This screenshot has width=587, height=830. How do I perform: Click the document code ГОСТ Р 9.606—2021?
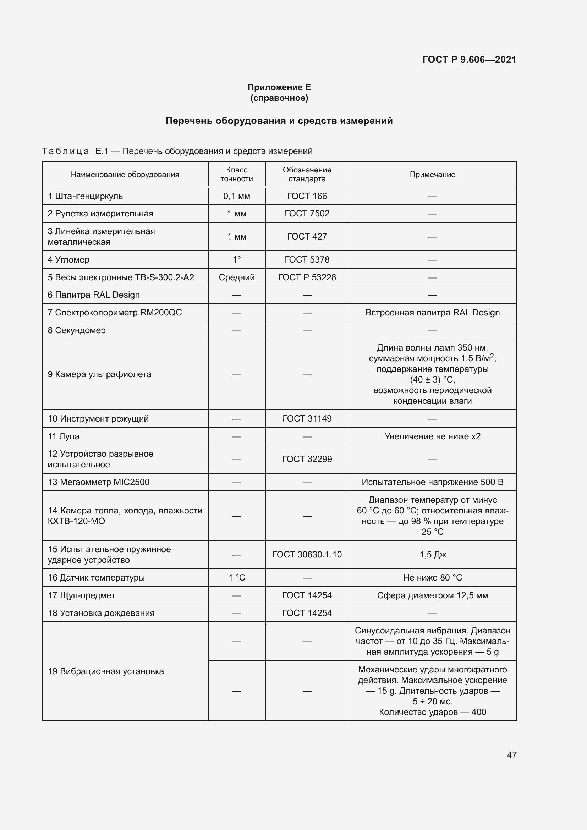(x=469, y=60)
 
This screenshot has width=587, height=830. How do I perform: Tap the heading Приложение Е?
(x=279, y=87)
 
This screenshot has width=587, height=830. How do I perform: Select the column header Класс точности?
(x=236, y=174)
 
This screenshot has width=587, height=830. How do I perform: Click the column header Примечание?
(x=432, y=175)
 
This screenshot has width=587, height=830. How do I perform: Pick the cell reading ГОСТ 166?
(x=307, y=196)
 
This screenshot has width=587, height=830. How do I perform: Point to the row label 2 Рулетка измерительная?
(x=100, y=214)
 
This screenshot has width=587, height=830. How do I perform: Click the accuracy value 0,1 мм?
(x=236, y=196)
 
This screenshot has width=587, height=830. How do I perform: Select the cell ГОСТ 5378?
(x=307, y=259)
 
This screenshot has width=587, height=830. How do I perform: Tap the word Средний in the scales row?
(x=236, y=277)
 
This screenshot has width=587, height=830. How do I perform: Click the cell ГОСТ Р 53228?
(x=307, y=277)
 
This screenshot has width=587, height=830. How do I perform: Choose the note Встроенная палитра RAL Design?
(x=432, y=313)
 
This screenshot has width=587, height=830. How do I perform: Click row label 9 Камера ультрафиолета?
(x=99, y=374)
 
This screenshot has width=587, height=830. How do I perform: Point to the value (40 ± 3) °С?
(x=432, y=380)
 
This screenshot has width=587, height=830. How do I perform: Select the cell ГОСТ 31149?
(x=307, y=419)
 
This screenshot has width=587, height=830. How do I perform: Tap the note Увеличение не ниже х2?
(x=432, y=436)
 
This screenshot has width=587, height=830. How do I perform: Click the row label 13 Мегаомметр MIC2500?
(x=98, y=482)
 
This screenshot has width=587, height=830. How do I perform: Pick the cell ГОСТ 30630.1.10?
(x=307, y=555)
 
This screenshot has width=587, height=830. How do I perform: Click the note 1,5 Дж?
(x=432, y=555)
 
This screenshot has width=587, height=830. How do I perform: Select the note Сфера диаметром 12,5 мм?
(x=432, y=595)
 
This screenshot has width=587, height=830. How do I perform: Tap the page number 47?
(x=511, y=755)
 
